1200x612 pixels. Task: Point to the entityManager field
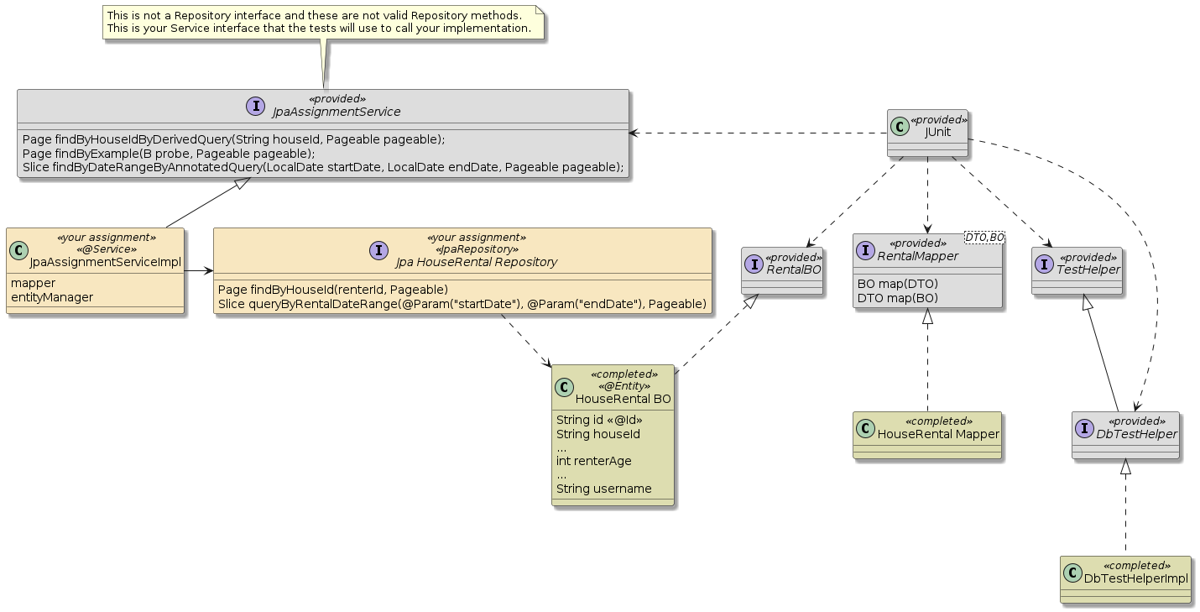click(x=52, y=297)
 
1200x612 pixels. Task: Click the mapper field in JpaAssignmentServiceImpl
click(x=34, y=283)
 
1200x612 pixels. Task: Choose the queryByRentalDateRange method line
click(x=462, y=303)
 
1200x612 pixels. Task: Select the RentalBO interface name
click(x=793, y=269)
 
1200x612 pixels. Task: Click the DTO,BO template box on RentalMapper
click(x=984, y=238)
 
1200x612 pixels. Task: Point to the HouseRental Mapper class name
click(x=938, y=433)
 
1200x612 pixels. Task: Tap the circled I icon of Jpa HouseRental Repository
click(x=378, y=249)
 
